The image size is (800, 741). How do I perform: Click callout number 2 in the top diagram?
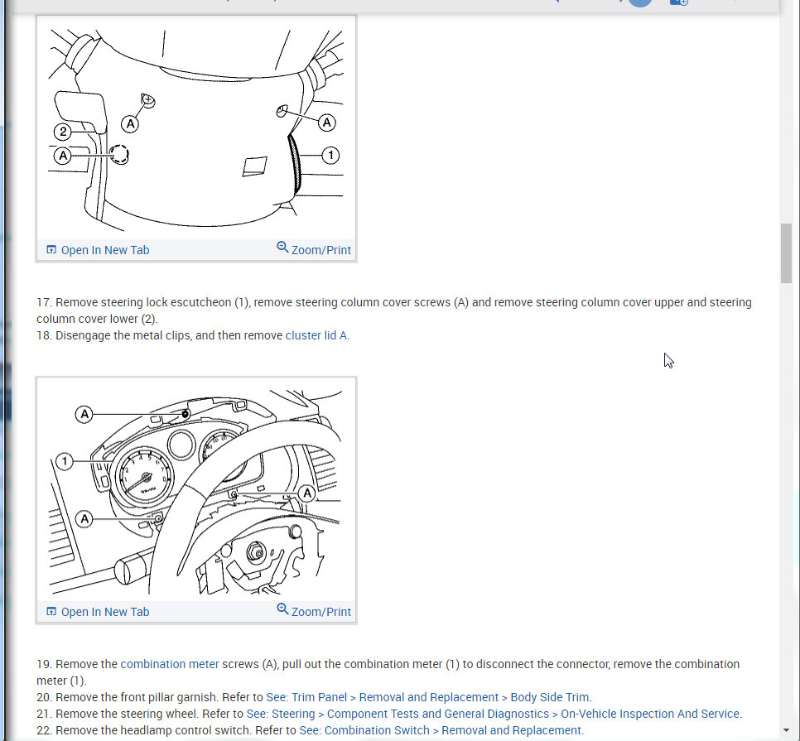63,131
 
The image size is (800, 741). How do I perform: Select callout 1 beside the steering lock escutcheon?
330,155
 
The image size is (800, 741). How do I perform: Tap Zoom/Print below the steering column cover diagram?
314,249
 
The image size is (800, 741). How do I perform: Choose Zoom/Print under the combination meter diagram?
314,611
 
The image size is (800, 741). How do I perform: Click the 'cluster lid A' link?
316,335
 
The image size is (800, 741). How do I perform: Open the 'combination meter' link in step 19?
170,664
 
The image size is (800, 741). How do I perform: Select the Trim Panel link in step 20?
428,697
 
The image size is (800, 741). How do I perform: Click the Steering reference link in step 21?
493,714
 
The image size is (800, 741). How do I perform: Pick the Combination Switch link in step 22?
441,730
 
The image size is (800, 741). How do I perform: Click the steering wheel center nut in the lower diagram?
256,552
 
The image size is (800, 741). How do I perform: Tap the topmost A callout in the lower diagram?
84,414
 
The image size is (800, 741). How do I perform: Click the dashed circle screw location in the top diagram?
119,154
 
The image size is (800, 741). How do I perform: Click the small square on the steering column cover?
253,166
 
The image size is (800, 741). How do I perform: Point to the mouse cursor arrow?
667,360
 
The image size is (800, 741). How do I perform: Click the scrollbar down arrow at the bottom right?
786,730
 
